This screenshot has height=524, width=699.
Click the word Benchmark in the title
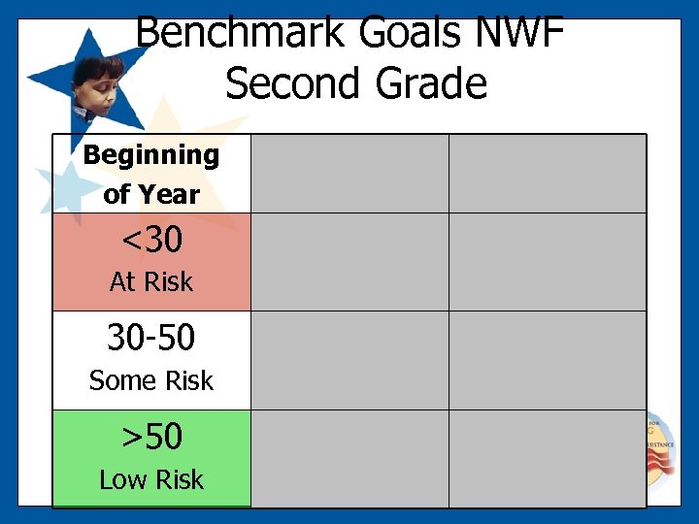click(x=241, y=32)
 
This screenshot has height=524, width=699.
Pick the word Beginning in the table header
click(x=151, y=155)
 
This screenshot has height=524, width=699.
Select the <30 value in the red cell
click(x=151, y=238)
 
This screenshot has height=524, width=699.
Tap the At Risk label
click(x=151, y=282)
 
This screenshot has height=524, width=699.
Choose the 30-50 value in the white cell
click(x=151, y=338)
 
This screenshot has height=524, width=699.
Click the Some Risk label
click(x=151, y=381)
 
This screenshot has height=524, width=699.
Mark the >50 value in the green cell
click(x=151, y=437)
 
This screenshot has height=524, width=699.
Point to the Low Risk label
click(x=151, y=479)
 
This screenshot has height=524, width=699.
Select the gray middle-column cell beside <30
click(x=349, y=262)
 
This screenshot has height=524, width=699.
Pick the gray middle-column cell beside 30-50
click(x=349, y=360)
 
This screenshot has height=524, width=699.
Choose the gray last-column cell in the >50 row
click(x=547, y=458)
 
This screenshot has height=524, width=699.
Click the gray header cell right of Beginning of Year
click(x=349, y=174)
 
